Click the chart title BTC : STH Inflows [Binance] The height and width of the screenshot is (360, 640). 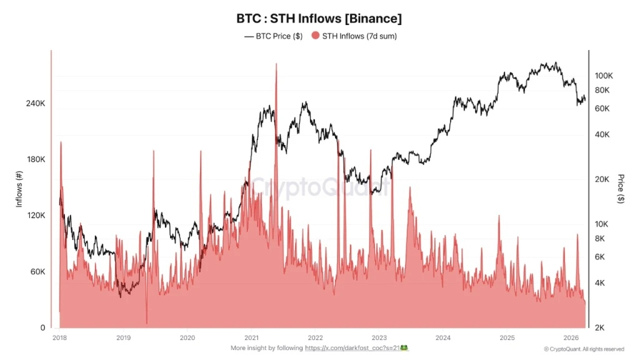tap(319, 18)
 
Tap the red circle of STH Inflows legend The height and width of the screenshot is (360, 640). tap(315, 36)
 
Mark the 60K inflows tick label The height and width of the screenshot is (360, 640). tap(37, 272)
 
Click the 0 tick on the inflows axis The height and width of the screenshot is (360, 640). tap(42, 328)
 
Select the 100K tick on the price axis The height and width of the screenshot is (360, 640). tap(604, 76)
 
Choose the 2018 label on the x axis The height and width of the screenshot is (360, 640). tap(60, 338)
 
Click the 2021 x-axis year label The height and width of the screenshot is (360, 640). tap(251, 338)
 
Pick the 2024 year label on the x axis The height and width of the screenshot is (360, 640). tap(443, 338)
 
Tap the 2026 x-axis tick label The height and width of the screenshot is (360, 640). tap(571, 338)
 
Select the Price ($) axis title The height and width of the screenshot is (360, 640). tap(621, 189)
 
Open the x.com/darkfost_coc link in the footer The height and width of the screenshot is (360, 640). tap(356, 347)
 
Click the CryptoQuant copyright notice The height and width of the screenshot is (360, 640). tap(584, 349)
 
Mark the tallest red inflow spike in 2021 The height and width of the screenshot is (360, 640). tap(276, 65)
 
